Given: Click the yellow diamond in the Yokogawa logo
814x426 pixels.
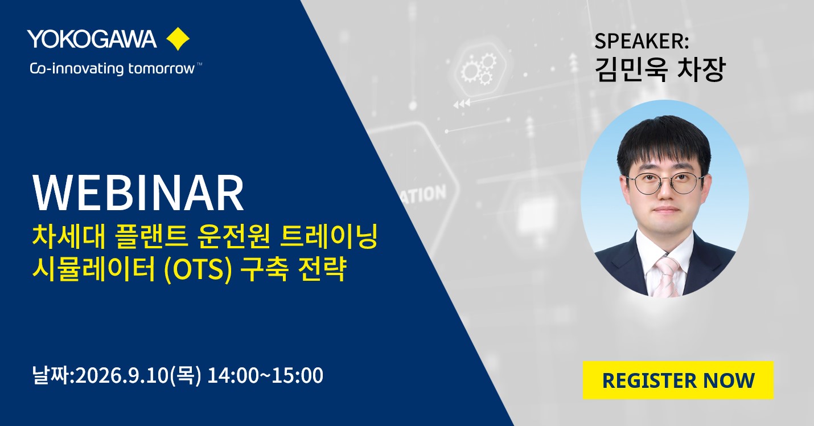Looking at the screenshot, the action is (178, 39).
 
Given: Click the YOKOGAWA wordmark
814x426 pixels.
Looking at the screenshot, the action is (92, 39).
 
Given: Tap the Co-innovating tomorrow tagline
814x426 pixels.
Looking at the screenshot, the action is (116, 69).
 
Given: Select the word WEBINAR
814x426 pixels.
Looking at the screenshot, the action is (138, 193).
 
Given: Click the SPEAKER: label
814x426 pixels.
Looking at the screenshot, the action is (642, 41).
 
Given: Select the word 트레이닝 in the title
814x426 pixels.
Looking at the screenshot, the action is (329, 237).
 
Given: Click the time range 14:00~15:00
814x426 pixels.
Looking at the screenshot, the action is (265, 375).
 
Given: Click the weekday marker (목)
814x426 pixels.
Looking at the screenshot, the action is (186, 375).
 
